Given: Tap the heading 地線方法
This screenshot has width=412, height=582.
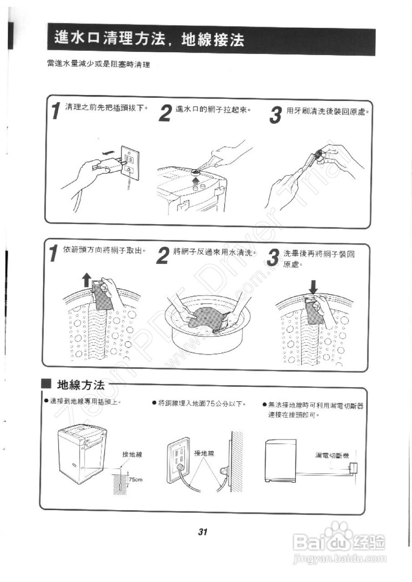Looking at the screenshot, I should click(80, 385).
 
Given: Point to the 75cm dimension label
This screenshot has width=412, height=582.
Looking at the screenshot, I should click(136, 480).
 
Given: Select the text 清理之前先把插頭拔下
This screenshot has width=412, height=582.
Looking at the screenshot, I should click(106, 107).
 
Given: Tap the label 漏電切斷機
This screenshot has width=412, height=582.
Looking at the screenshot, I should click(332, 455).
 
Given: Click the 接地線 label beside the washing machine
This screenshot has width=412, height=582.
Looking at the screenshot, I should click(132, 454).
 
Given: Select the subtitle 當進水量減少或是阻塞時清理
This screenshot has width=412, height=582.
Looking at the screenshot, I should click(98, 64).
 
